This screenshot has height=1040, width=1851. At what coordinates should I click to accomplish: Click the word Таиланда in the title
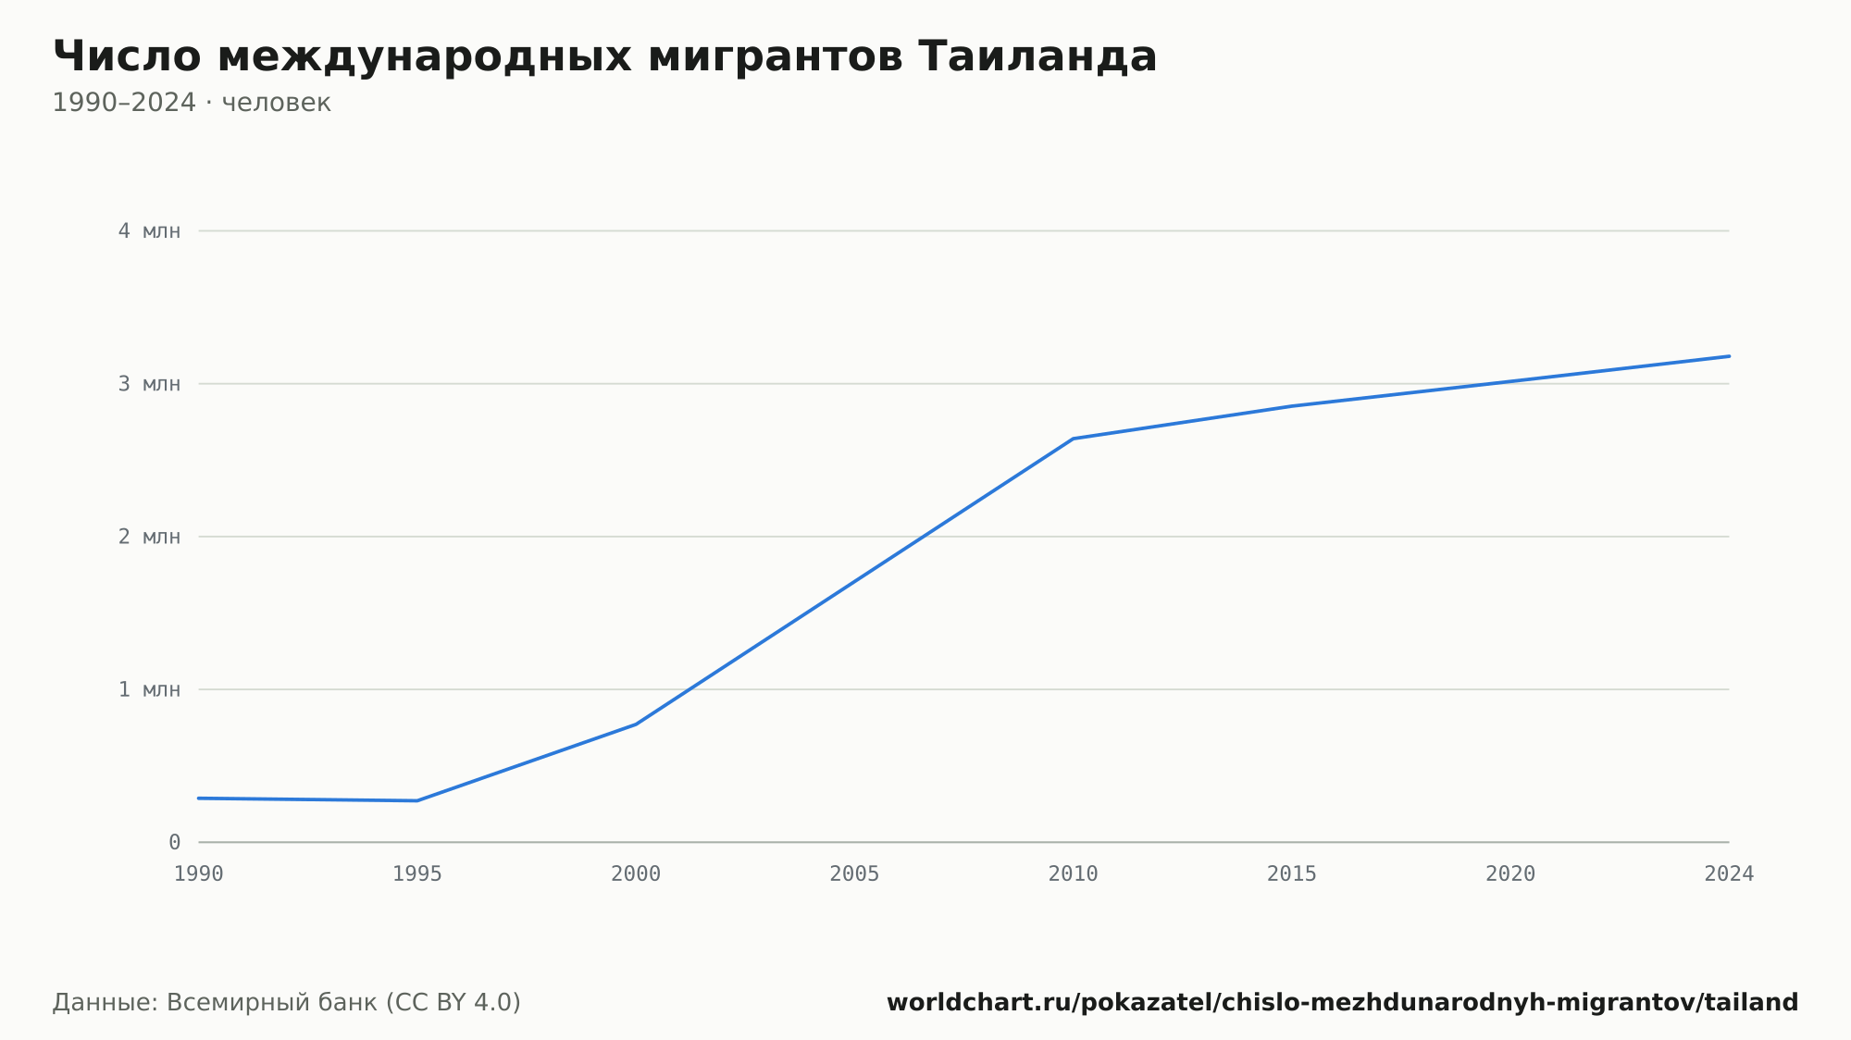pos(1037,56)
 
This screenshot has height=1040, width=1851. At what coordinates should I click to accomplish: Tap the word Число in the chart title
pos(127,56)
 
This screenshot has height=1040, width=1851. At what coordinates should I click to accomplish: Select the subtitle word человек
pos(276,103)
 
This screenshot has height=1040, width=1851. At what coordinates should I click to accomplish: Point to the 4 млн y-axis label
pos(149,231)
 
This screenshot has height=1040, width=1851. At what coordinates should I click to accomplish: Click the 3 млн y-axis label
pos(149,384)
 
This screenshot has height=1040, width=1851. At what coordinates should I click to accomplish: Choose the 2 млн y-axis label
pos(149,537)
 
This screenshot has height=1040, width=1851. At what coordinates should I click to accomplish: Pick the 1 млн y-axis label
pos(149,689)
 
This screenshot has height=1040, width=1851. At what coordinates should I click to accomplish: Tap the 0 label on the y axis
pos(174,842)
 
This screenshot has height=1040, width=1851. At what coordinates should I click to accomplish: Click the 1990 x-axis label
pos(199,874)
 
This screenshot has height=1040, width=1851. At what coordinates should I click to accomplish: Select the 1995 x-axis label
pos(417,874)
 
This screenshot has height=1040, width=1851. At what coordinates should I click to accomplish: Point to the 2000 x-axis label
pos(636,874)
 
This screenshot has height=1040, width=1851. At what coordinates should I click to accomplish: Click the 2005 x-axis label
pos(854,874)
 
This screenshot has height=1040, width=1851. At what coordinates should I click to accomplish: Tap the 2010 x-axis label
pos(1074,874)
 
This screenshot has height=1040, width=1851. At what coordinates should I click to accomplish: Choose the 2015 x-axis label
pos(1292,874)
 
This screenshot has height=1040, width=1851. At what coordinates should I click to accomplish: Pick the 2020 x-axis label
pos(1510,874)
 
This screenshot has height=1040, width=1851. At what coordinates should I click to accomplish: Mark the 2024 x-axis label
pos(1729,874)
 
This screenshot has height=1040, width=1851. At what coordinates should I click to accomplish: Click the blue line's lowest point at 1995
pos(417,800)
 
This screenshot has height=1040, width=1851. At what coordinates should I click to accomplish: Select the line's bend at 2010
pos(1074,439)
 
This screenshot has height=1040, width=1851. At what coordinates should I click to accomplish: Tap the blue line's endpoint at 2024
pos(1729,356)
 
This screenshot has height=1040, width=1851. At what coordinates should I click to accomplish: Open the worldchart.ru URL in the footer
pos(1342,1003)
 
